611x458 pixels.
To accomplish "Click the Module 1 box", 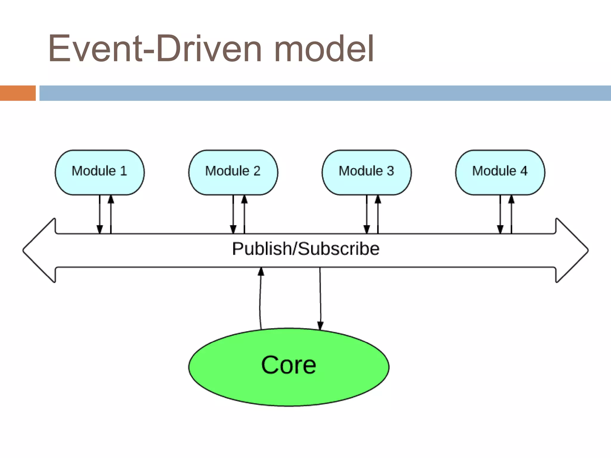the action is point(100,172).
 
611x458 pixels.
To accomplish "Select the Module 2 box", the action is point(233,172).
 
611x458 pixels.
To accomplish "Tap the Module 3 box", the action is point(367,172).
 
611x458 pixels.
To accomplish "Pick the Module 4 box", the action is point(500,172).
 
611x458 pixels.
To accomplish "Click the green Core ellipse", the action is point(289,367).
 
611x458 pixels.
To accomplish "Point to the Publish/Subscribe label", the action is point(306,249).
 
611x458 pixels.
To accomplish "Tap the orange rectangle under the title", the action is point(18,93).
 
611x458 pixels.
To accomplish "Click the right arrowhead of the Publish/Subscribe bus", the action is point(572,250).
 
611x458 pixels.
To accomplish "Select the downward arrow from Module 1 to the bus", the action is point(100,214).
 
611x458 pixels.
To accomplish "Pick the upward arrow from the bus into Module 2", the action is point(244,214).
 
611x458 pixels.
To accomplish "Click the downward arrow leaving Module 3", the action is point(367,214).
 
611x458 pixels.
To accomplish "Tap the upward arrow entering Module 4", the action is point(511,214).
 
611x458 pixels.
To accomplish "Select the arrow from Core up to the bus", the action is point(260,298).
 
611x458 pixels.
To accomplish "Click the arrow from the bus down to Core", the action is point(320,299).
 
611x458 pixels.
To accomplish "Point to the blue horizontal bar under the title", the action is point(325,93).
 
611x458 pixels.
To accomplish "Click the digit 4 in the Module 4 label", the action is point(524,171).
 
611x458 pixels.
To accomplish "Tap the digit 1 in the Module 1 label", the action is point(124,171).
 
